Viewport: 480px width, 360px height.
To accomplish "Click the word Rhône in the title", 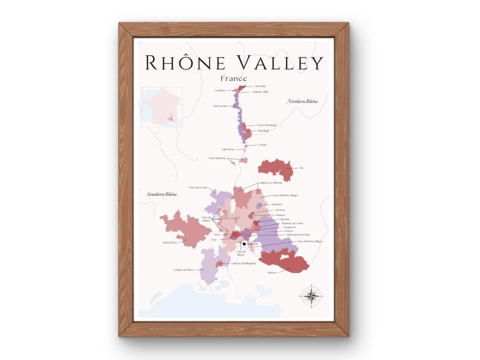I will (x=181, y=63).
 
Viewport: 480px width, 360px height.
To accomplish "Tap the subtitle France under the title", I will (x=233, y=79).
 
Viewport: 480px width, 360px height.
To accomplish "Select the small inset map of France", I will (x=161, y=107).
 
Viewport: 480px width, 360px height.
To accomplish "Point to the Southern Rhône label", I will (x=162, y=194).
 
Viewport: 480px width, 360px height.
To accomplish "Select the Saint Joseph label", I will (x=220, y=106).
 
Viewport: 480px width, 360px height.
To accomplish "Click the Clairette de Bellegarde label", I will (x=244, y=263).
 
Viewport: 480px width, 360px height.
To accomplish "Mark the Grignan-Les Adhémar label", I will (x=271, y=182).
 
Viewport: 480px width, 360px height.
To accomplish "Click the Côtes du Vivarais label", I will (x=198, y=188).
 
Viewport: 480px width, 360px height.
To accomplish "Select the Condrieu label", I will (x=219, y=91).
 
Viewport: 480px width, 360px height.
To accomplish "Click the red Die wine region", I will (x=276, y=169).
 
